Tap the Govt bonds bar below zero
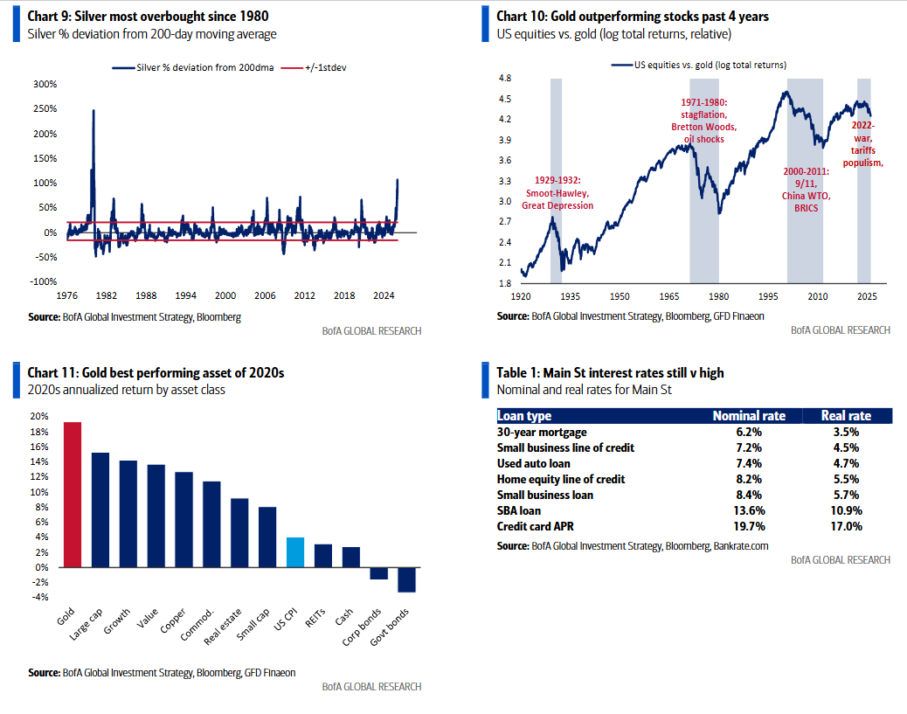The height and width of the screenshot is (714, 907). tap(407, 579)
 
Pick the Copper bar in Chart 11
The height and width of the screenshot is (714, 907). tap(184, 519)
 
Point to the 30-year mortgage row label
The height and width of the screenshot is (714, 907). tap(542, 432)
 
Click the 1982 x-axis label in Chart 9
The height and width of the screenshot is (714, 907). tap(107, 295)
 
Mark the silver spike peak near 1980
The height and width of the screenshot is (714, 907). tap(93, 111)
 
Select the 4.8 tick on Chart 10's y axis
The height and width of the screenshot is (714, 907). tap(504, 79)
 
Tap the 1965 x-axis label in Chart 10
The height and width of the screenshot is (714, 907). tap(669, 296)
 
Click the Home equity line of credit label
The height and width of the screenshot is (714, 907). tap(561, 479)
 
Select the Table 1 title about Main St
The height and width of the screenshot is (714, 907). tap(610, 373)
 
